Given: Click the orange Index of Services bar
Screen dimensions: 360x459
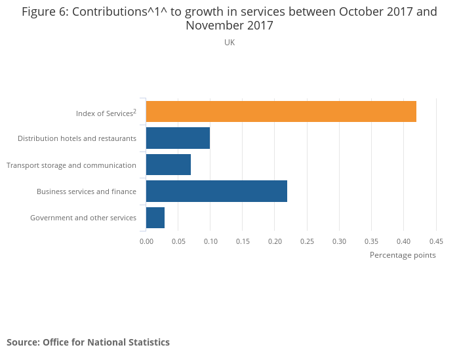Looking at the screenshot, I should pos(281,111).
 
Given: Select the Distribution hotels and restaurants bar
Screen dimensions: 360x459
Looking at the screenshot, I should pos(178,138).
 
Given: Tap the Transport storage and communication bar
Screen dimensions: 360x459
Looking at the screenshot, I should pos(169,165).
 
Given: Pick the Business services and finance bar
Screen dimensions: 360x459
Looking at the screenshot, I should pos(216,191).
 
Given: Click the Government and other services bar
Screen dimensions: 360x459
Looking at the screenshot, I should pos(155,217).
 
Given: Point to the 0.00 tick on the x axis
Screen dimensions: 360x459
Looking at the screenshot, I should pos(146,241).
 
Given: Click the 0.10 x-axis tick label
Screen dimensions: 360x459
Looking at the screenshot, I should pos(210,241).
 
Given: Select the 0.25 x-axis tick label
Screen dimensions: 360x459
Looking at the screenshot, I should pos(307,241).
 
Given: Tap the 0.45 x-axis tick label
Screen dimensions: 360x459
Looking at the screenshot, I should pos(435,241).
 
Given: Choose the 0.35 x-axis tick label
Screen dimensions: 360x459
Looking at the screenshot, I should pos(371,241).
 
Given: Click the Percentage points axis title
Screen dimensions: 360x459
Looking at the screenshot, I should pos(403,255).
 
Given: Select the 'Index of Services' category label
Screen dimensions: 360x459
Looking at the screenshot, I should pos(106,113).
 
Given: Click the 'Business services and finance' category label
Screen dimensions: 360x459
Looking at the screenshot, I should pos(87,191).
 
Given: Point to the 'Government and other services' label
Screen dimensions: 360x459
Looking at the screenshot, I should pos(83,218).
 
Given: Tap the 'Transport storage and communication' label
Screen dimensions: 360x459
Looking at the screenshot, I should pos(71,165).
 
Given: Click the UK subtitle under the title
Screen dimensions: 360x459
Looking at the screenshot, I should pos(229,43).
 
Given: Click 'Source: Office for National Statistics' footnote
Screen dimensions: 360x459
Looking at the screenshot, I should pos(88,342).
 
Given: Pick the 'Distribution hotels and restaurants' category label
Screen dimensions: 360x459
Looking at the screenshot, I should pos(77,139).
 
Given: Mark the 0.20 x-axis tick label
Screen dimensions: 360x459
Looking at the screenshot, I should pos(275,241).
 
